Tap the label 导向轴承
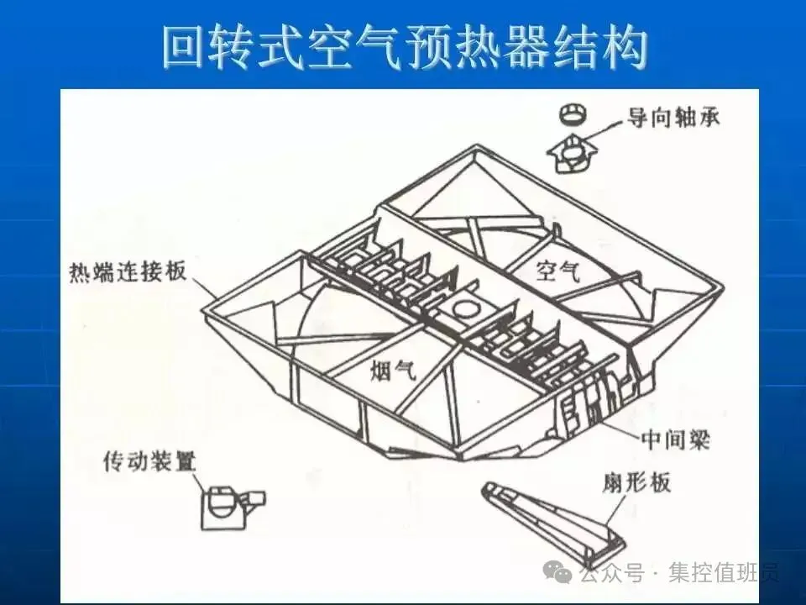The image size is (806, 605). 673,118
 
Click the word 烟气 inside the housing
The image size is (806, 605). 394,369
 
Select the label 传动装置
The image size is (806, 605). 149,461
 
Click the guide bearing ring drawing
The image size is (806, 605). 573,113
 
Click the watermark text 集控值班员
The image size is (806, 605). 724,574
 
